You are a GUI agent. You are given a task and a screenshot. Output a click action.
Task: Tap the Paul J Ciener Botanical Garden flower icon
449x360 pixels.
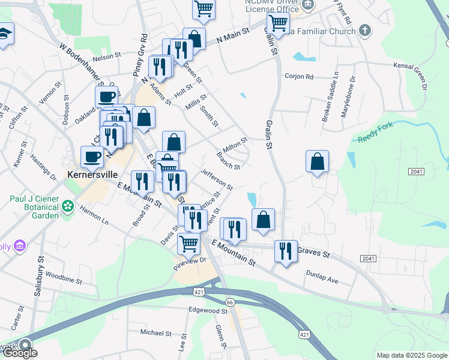(x=68, y=206)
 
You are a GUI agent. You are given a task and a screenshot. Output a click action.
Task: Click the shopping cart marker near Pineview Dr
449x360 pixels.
(x=188, y=244)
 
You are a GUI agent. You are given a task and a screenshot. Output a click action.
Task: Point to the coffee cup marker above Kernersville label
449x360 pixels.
(x=92, y=157)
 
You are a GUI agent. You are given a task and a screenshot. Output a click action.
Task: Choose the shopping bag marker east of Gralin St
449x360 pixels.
(x=317, y=161)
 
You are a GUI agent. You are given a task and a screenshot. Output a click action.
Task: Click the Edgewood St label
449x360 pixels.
(x=208, y=311)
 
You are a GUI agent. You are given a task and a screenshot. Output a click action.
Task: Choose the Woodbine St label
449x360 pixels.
(x=63, y=280)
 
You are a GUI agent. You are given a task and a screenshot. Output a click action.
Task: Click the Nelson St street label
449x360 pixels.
(x=107, y=58)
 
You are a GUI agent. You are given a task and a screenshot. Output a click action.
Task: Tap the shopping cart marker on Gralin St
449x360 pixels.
(x=278, y=24)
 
